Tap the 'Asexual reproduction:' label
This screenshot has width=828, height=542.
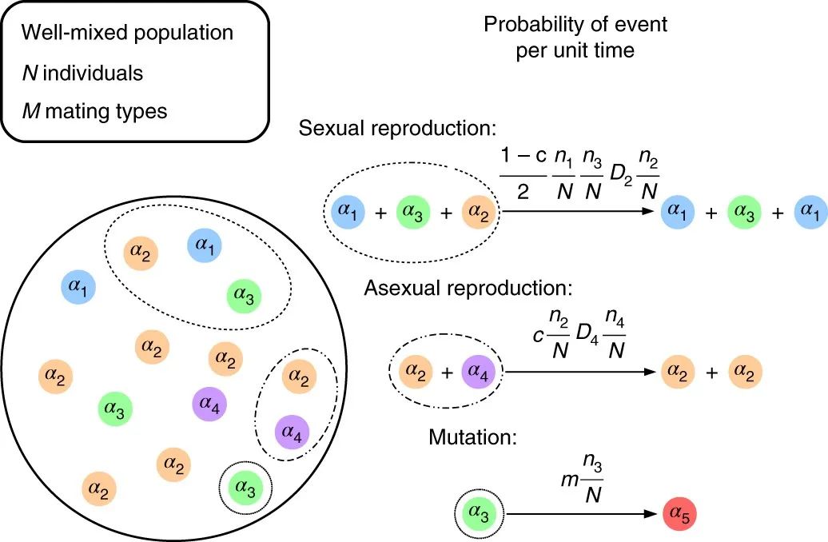[x=469, y=288]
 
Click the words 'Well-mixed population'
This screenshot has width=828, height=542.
[x=127, y=33]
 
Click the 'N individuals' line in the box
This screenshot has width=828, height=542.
[x=82, y=73]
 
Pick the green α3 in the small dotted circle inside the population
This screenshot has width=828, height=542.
[x=245, y=484]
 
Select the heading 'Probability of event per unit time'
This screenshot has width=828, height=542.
[x=575, y=36]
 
